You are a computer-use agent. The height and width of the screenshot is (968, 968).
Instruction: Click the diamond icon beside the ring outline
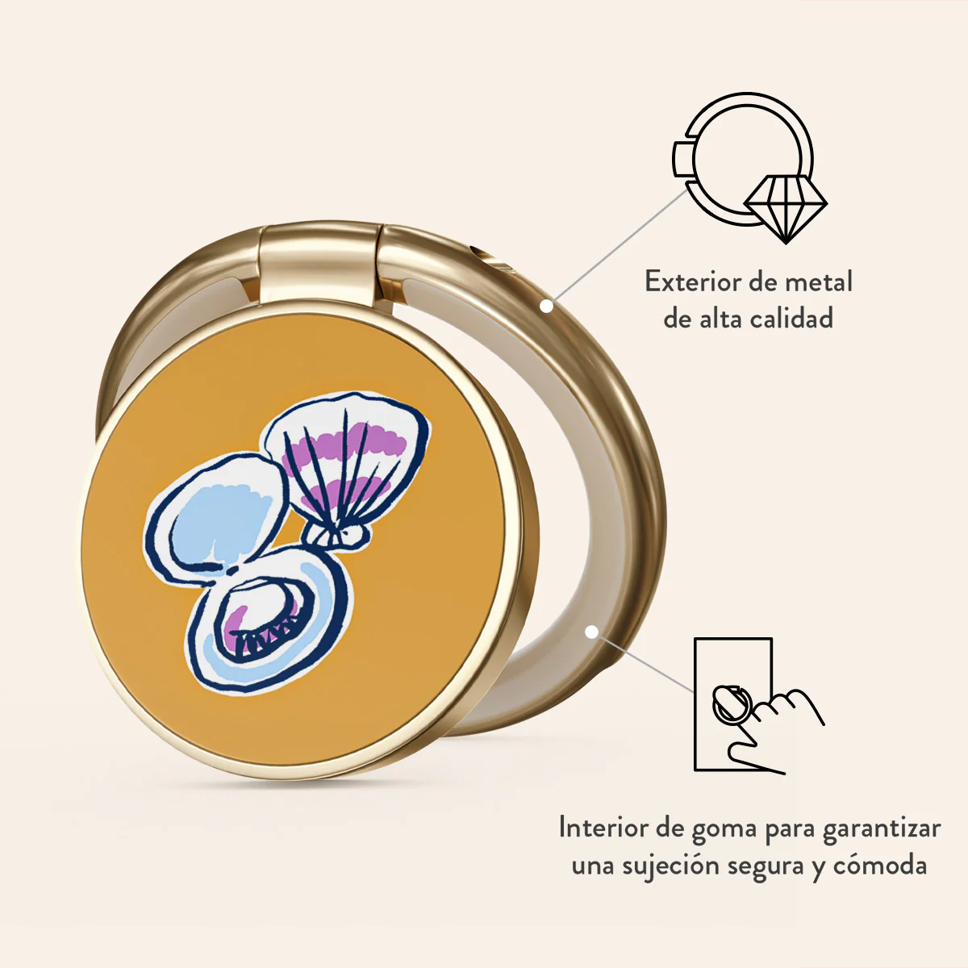click(x=785, y=209)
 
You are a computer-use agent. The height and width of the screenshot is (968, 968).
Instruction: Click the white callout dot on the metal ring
click(x=547, y=306)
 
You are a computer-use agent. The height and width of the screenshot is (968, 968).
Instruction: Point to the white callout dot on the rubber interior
click(x=592, y=632)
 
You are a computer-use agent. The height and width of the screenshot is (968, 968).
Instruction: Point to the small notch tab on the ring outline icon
click(x=682, y=159)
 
